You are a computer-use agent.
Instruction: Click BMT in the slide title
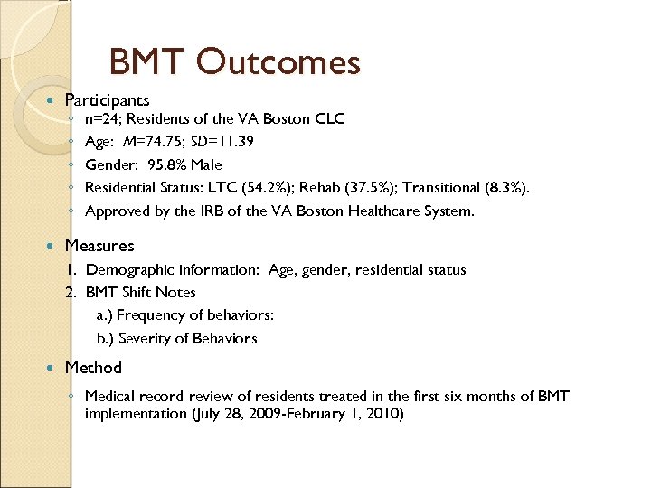coord(146,62)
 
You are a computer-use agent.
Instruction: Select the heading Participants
coord(107,99)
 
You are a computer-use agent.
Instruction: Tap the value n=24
coord(103,118)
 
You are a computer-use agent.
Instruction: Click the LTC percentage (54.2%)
coord(269,188)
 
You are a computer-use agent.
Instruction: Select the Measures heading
coord(99,245)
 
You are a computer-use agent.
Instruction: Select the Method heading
coord(93,367)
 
